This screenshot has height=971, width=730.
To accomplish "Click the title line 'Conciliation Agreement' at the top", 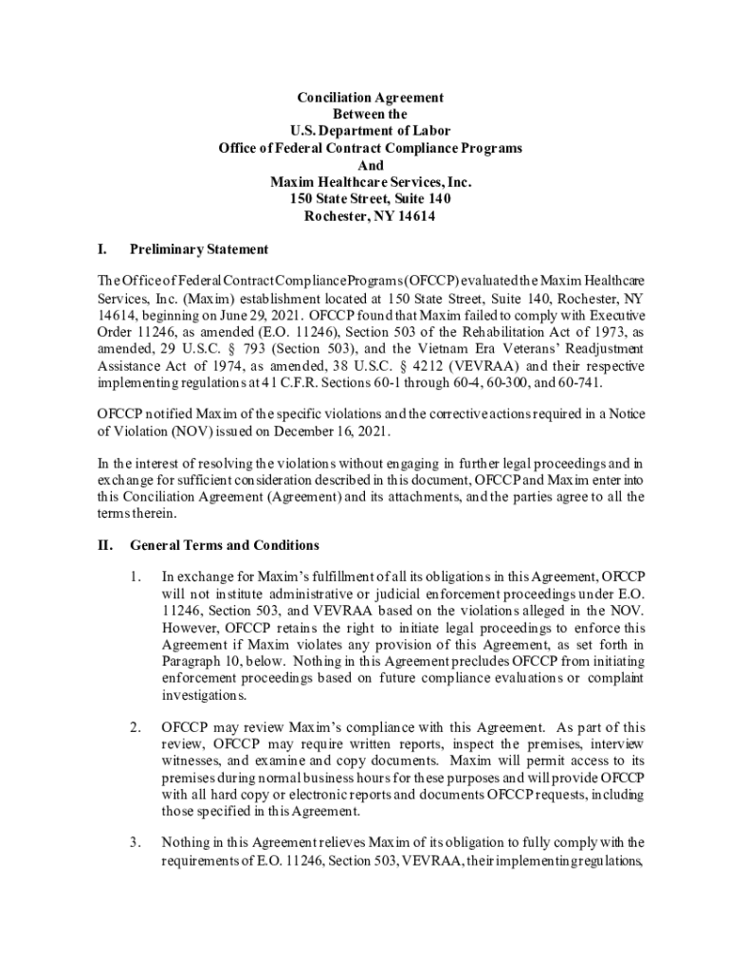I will point(370,98).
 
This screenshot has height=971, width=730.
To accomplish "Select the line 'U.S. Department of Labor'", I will point(370,132).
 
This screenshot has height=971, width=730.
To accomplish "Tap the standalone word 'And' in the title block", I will point(370,165).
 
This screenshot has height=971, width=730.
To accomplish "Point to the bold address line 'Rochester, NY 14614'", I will point(370,216).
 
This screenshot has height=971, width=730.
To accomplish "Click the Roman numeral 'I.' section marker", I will point(101,250).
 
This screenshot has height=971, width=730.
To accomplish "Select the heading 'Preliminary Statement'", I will point(199,250).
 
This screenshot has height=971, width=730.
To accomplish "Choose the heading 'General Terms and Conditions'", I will point(224,546).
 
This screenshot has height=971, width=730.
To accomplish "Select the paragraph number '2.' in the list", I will point(137,728).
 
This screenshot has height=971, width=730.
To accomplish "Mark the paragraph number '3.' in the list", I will point(137,842).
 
